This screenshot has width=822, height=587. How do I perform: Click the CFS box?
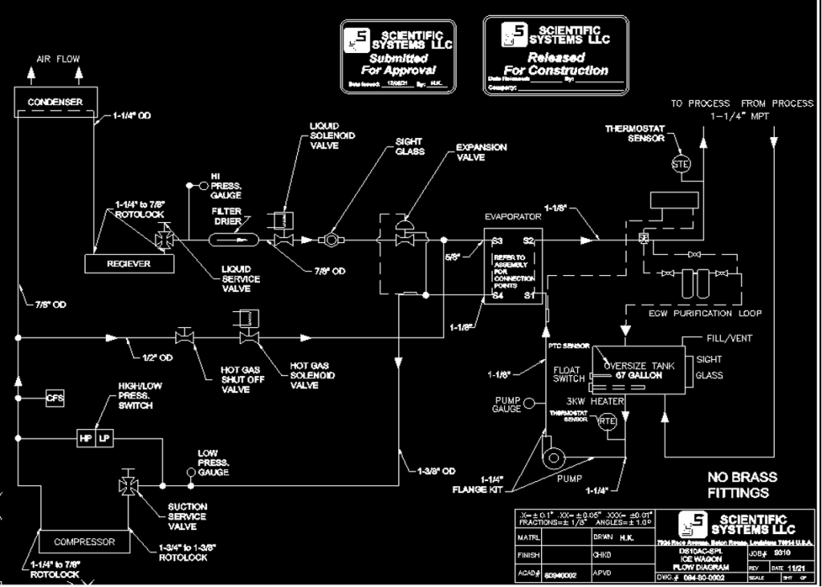click(x=55, y=397)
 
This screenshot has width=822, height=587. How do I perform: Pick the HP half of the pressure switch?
click(x=85, y=439)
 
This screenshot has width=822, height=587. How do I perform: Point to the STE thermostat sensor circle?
click(x=680, y=164)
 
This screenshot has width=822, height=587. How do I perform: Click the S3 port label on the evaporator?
click(x=497, y=241)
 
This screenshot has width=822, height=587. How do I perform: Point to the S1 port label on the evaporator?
click(x=530, y=296)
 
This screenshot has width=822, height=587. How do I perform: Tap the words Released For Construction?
click(x=555, y=64)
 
